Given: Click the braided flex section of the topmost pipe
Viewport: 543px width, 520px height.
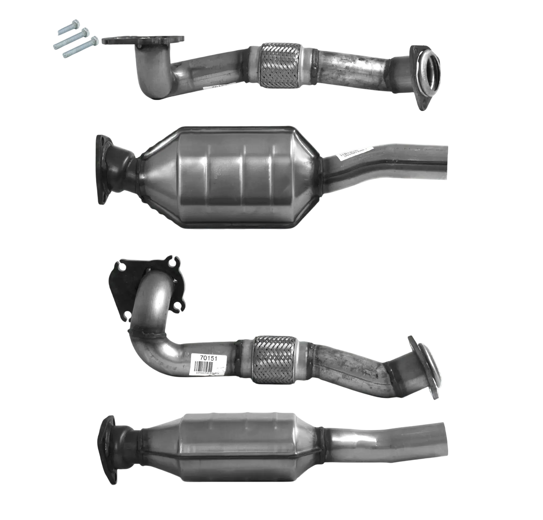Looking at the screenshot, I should click(280, 67).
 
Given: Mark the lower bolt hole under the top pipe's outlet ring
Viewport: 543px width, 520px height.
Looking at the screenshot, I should click(423, 104).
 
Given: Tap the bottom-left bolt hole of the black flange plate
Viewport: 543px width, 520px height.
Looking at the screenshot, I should click(128, 316).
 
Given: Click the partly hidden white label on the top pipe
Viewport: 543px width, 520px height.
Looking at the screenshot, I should click(213, 87).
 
